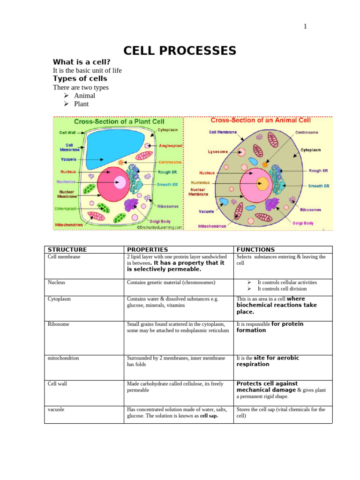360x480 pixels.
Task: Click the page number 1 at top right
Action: [305, 26]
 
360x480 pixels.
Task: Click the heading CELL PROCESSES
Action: [180, 51]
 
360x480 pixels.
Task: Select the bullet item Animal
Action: [84, 96]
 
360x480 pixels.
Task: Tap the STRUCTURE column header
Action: [67, 250]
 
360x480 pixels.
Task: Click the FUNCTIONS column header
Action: [255, 250]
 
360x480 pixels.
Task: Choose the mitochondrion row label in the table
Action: [63, 358]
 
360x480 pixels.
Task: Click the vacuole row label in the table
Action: [56, 409]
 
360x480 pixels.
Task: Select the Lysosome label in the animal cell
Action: [217, 152]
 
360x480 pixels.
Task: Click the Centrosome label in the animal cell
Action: [307, 133]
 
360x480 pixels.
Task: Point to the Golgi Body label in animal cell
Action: [303, 223]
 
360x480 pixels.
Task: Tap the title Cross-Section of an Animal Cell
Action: [257, 120]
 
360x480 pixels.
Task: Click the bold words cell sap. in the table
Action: [209, 416]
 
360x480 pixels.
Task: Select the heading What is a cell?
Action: [82, 62]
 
